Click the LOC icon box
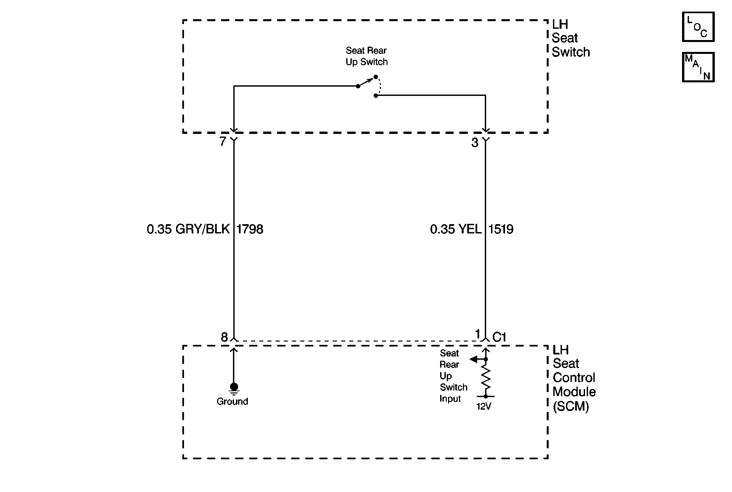coord(698,27)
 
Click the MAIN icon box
coord(698,67)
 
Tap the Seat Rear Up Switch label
coord(366,56)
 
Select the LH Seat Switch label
coord(571,38)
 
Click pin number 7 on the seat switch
coord(223,142)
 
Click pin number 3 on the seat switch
coord(475,143)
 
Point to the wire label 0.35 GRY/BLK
coord(188,229)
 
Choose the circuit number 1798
coord(250,229)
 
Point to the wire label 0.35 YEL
coord(456,229)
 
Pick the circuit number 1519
coord(501,229)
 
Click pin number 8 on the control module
coord(224,337)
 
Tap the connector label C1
coord(499,337)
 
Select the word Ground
coord(232,401)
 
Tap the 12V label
coord(484,407)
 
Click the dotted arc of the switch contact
coord(380,86)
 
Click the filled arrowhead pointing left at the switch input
coord(474,359)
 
